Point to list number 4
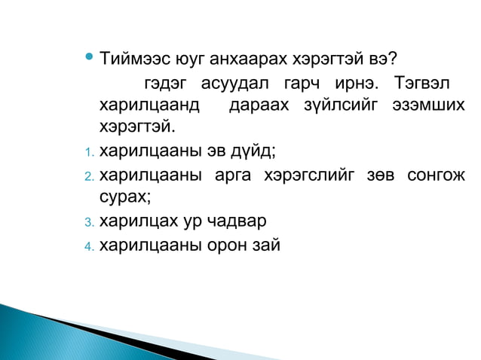tap(87, 245)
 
